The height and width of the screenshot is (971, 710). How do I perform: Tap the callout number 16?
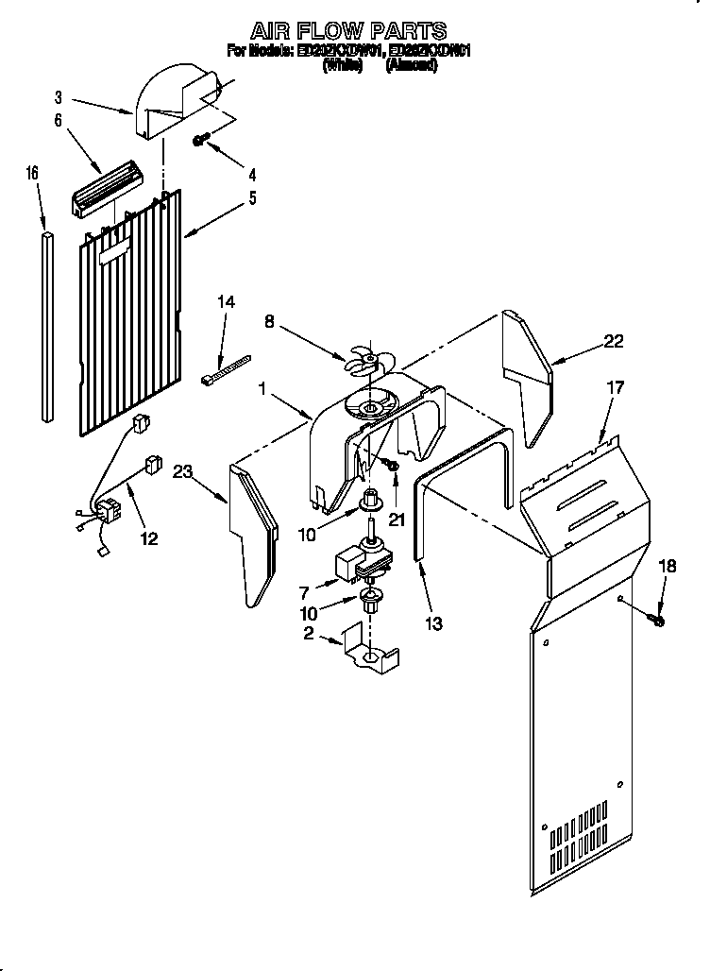click(32, 173)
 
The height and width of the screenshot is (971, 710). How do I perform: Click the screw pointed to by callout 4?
click(200, 140)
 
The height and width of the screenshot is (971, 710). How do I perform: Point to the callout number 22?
click(614, 342)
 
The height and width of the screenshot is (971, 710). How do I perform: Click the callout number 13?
click(434, 622)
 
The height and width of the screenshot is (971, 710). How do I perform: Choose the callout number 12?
click(148, 538)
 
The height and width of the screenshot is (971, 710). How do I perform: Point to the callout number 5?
click(251, 198)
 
